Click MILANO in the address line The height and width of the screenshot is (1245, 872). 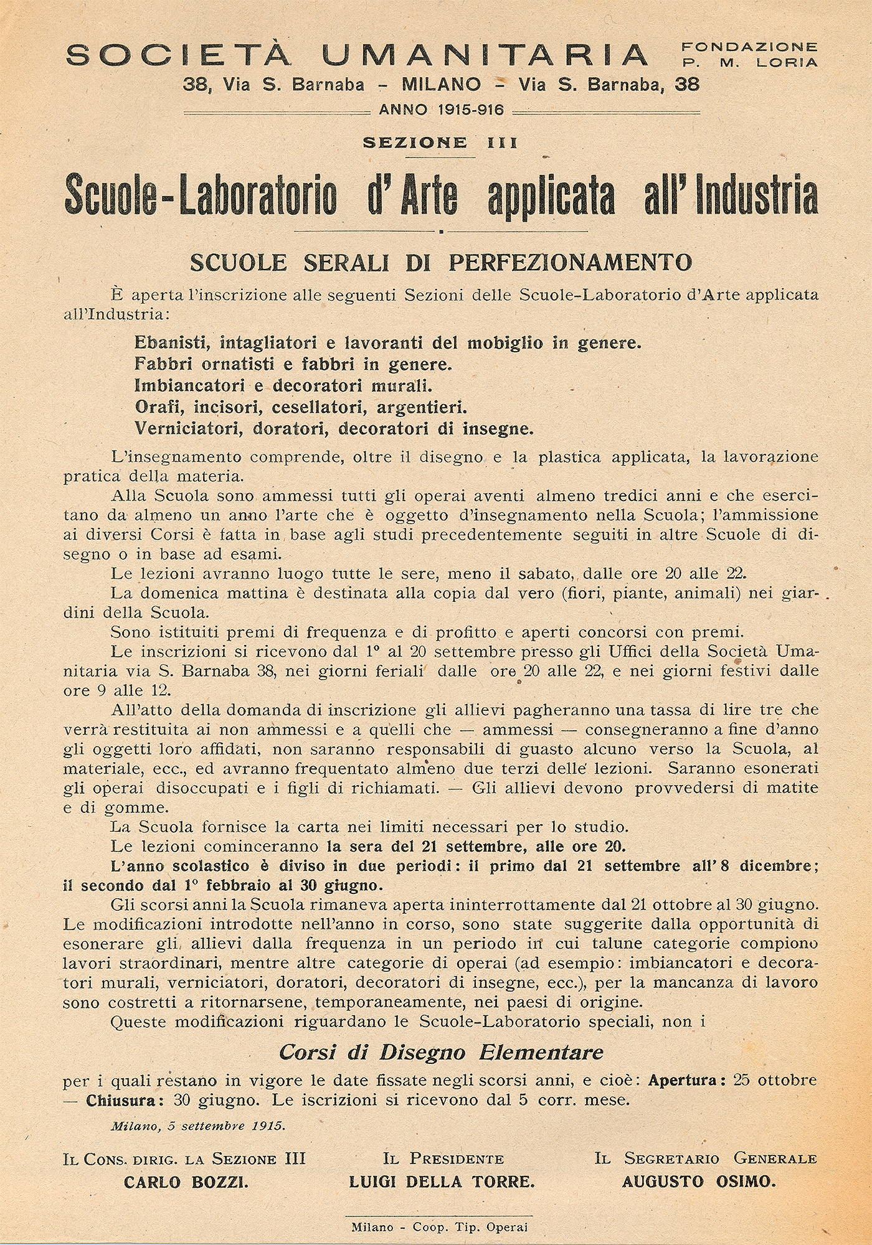[x=442, y=84]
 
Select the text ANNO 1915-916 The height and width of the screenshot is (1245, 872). [x=441, y=110]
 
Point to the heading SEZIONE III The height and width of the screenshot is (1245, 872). [x=440, y=143]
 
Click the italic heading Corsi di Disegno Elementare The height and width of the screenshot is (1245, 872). [x=441, y=1053]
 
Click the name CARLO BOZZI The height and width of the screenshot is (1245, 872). [x=186, y=1182]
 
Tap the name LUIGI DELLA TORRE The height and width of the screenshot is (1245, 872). [x=442, y=1182]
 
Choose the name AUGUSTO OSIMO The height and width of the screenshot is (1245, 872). [x=699, y=1182]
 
